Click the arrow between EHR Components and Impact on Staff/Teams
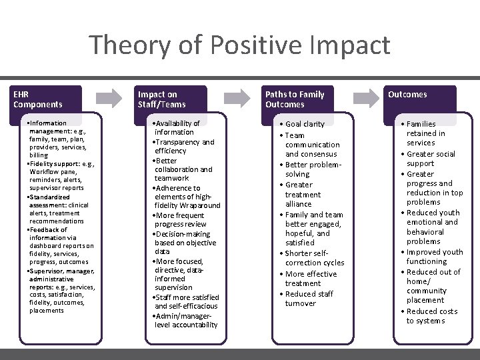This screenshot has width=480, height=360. (x=109, y=98)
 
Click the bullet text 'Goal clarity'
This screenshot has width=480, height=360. (x=305, y=124)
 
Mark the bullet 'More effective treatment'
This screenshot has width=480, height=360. (x=311, y=279)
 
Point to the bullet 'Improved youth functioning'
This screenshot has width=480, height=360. (x=434, y=257)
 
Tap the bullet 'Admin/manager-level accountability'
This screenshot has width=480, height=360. (x=185, y=320)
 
